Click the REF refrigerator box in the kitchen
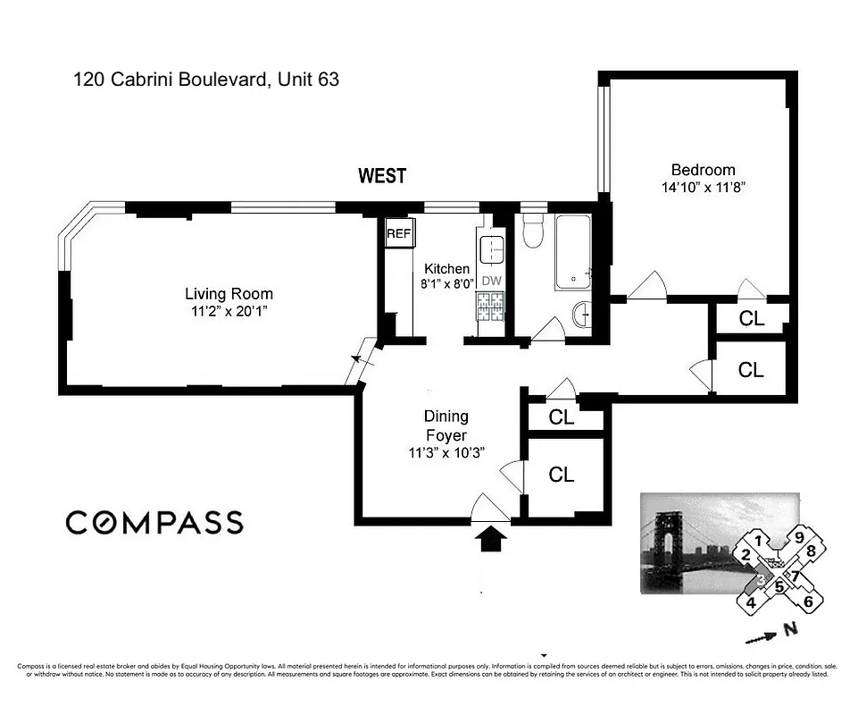(397, 234)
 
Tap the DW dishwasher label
(491, 280)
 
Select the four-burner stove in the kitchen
(491, 307)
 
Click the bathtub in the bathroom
(572, 252)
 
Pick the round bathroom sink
(579, 314)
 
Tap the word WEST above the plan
(382, 176)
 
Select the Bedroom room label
(703, 170)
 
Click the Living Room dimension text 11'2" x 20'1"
(229, 311)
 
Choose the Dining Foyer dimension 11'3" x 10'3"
(446, 453)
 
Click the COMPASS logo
(154, 522)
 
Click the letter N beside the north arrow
(789, 629)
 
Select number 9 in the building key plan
(800, 538)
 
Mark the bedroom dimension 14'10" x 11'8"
(703, 188)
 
